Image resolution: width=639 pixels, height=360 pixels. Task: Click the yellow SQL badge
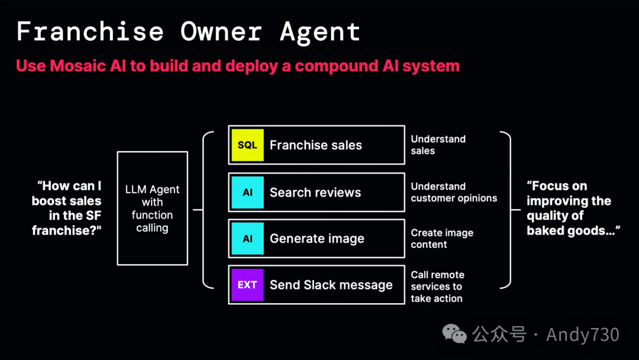click(x=247, y=145)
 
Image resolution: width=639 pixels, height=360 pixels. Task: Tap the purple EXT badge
click(x=247, y=285)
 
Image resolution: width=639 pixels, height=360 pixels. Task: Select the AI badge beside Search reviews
click(x=247, y=192)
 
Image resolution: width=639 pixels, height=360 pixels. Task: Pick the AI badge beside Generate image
click(x=247, y=239)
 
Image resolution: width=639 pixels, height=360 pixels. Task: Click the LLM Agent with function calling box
click(x=152, y=208)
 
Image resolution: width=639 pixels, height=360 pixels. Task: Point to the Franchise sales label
click(x=315, y=145)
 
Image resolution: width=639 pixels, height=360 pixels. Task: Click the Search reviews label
click(x=315, y=192)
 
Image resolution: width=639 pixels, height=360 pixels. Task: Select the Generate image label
click(x=317, y=239)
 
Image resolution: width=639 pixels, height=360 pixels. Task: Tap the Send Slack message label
click(x=331, y=285)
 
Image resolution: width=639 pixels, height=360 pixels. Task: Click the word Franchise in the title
click(x=89, y=31)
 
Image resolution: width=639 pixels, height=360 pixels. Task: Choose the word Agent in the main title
click(x=319, y=31)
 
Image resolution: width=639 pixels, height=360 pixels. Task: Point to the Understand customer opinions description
click(x=454, y=192)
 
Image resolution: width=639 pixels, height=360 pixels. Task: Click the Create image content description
click(x=442, y=239)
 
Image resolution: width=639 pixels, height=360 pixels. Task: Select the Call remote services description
click(x=437, y=287)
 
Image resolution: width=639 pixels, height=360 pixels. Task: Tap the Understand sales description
click(x=438, y=145)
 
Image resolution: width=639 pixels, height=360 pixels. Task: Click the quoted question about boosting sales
click(x=66, y=208)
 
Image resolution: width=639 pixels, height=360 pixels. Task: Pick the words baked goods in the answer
click(x=563, y=231)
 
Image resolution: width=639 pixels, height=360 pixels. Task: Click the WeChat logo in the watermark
click(x=455, y=335)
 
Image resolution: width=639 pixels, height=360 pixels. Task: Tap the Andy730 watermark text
click(x=582, y=335)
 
